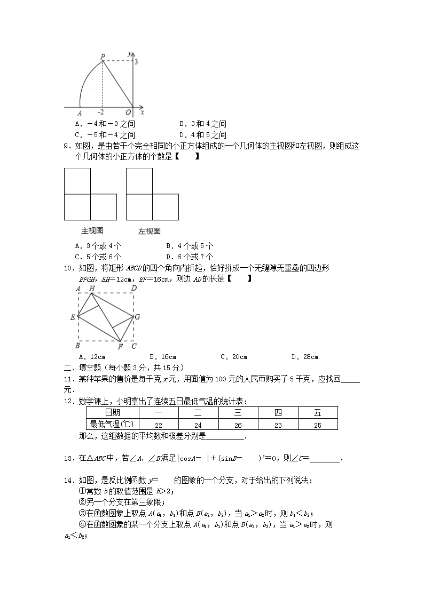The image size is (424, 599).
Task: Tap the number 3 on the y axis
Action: [136, 62]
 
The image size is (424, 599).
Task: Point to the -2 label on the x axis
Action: [101, 113]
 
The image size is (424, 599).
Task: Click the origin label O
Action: [128, 113]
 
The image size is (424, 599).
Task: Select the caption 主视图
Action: [92, 231]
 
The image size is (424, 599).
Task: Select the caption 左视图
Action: [150, 231]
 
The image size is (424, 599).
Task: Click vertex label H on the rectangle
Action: [92, 289]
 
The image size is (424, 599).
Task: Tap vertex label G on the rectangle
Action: [137, 317]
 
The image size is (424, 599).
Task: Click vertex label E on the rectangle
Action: [73, 317]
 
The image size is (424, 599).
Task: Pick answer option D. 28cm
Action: [305, 357]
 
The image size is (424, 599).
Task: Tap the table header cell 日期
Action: [112, 413]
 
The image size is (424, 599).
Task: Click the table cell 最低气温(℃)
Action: [112, 425]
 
